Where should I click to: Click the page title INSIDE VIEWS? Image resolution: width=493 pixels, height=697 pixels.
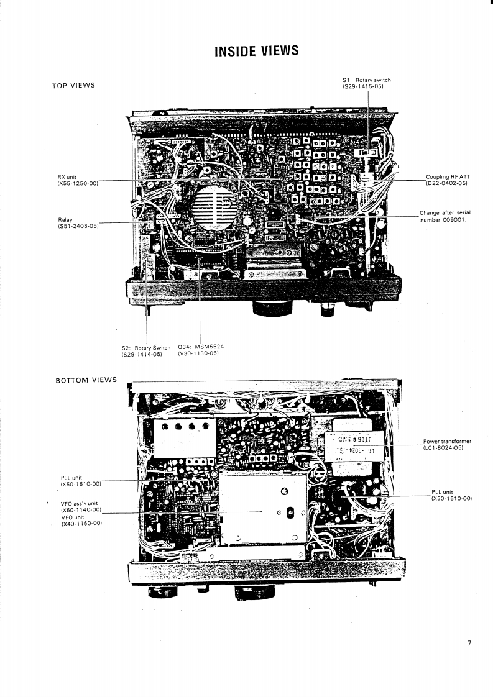click(x=256, y=51)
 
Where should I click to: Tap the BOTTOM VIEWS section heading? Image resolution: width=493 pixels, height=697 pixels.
click(x=86, y=380)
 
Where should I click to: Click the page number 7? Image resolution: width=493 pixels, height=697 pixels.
click(x=469, y=643)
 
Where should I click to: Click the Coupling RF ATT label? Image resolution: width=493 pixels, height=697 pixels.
click(x=448, y=177)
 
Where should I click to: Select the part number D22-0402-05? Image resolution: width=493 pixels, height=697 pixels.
click(x=446, y=184)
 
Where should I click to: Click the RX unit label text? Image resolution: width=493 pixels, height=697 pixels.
click(x=67, y=177)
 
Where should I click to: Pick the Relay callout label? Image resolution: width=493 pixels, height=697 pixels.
click(x=65, y=219)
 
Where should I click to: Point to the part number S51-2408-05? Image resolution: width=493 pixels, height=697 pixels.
click(x=78, y=226)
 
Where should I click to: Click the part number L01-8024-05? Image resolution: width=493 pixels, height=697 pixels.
click(x=444, y=447)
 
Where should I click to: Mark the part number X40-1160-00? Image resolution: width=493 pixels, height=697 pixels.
click(x=81, y=523)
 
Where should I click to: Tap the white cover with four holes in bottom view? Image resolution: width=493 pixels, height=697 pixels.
click(x=183, y=437)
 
